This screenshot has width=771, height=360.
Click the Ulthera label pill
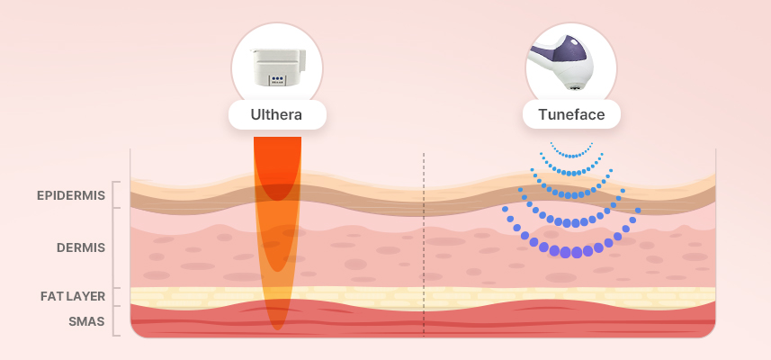tap(277, 115)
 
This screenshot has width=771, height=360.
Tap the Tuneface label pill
tap(570, 115)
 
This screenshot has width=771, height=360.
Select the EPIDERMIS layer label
tap(71, 195)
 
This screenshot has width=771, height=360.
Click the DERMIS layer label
tap(82, 247)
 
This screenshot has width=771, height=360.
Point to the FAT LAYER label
tap(73, 296)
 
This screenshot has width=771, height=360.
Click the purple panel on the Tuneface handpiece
tap(568, 59)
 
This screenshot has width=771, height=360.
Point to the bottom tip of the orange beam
tap(278, 326)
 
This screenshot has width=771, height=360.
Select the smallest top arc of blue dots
tap(571, 151)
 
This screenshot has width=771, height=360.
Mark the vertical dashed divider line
tap(423, 243)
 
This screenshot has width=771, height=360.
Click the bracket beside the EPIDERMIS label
tap(115, 195)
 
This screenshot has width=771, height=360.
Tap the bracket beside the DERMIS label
tap(115, 247)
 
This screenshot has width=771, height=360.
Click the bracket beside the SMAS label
tap(115, 321)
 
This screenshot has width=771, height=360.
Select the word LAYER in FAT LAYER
tap(88, 296)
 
